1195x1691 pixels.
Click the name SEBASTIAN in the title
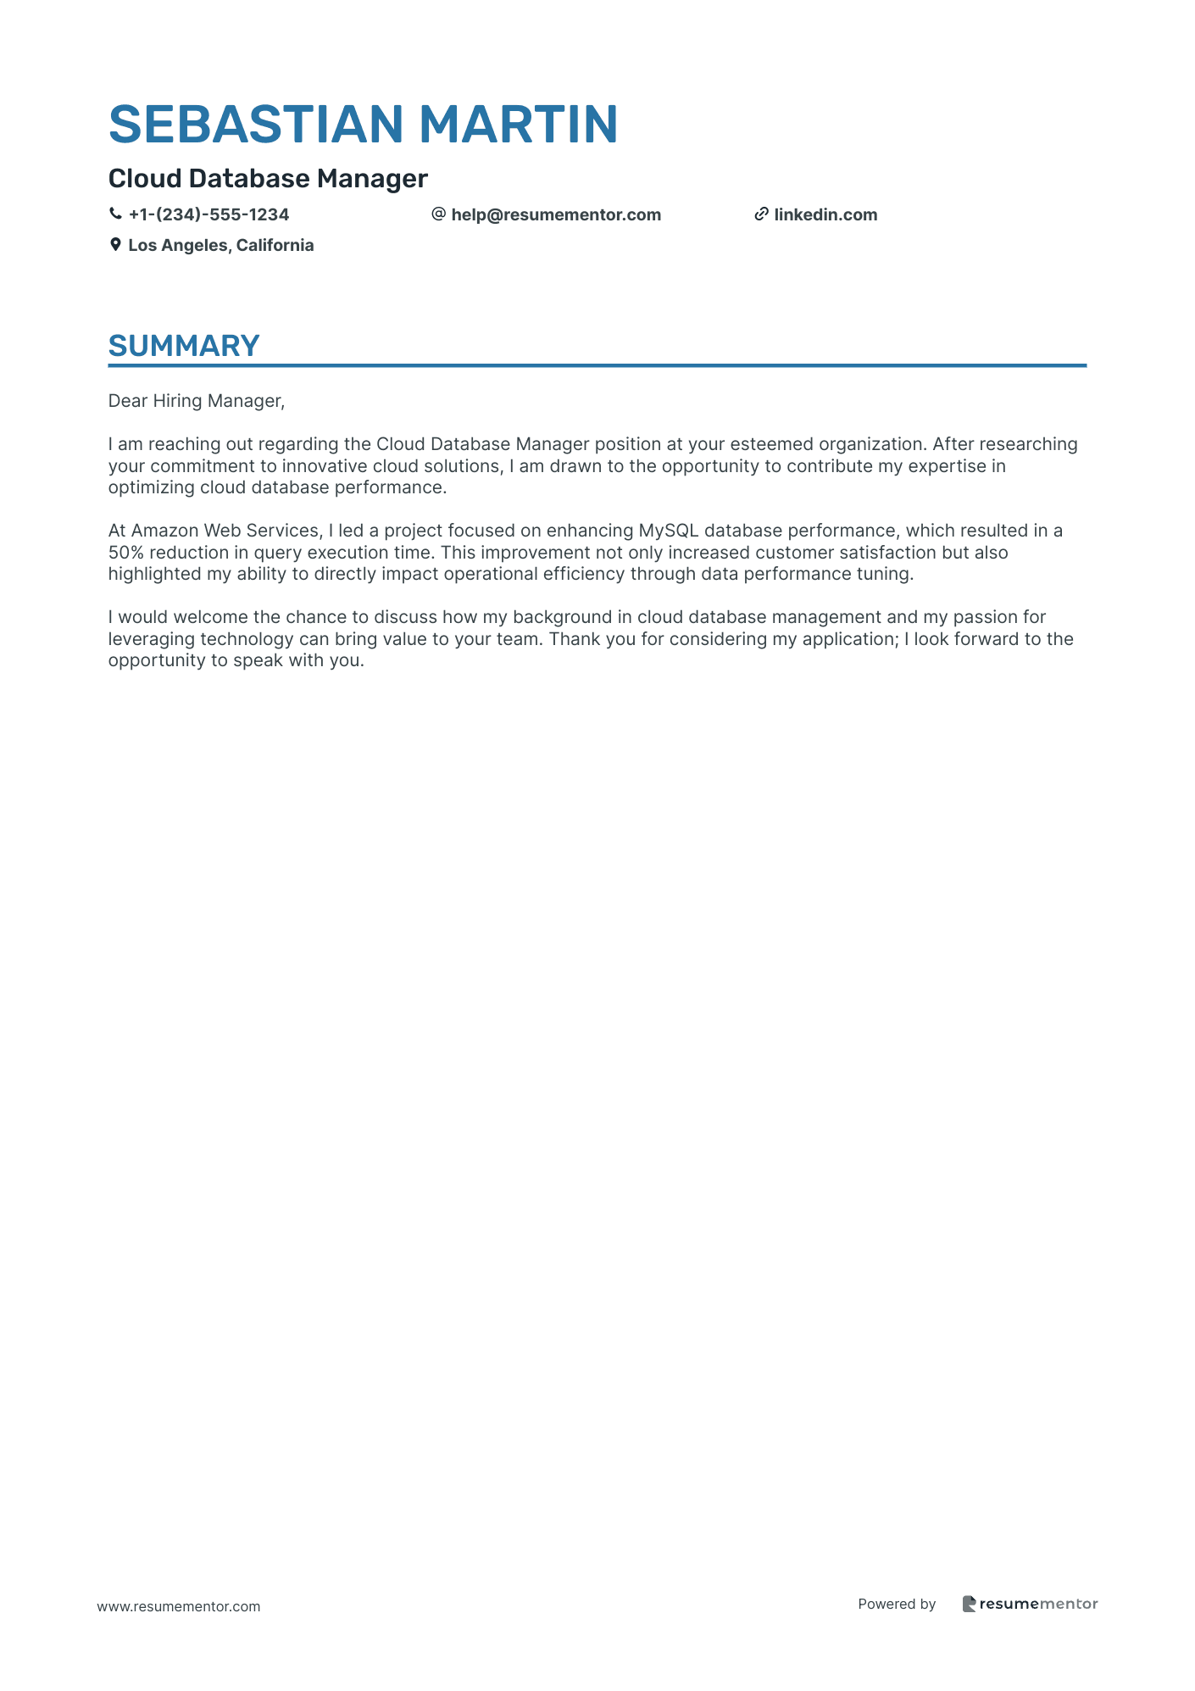pos(255,125)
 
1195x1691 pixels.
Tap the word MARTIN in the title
pos(518,125)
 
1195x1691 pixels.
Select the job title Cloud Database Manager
pos(268,179)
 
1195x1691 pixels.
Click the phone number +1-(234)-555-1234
pos(208,215)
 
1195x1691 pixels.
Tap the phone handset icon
pos(115,214)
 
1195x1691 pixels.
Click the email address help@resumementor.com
pos(556,215)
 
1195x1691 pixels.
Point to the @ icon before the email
pos(438,214)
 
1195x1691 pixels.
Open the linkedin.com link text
pos(825,215)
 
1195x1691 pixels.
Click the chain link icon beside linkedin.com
pos(761,214)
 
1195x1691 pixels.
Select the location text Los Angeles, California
pos(220,246)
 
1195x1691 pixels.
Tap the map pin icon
pos(115,245)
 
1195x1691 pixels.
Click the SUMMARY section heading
pos(184,347)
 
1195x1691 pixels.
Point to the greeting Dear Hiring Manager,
pos(197,401)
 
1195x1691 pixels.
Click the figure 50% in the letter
pos(125,553)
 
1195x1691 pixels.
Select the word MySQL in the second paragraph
pos(668,531)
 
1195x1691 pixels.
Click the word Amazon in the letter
pos(164,531)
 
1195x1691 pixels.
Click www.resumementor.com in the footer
pos(179,1606)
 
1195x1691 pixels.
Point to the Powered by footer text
pos(897,1604)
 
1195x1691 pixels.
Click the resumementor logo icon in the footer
pos(969,1604)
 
